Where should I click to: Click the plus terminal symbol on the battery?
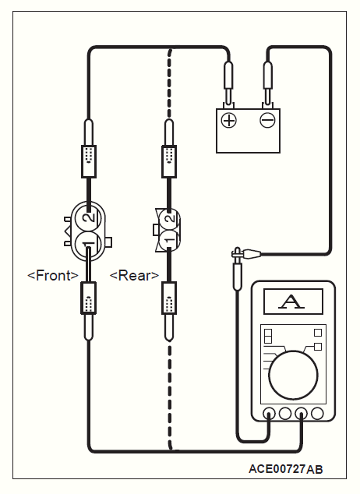pos(228,120)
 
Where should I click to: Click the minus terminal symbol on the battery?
pos(267,120)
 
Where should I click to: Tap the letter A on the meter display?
pos(291,302)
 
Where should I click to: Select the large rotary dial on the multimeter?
pos(293,375)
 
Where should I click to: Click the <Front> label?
pos(53,275)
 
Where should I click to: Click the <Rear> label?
pos(134,275)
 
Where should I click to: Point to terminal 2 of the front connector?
pos(89,217)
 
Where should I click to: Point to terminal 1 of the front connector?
pos(89,243)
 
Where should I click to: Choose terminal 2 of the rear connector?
pos(169,218)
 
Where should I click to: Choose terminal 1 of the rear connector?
pos(169,240)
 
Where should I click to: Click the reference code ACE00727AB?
pos(286,469)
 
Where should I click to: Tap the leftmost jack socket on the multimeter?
pos(269,413)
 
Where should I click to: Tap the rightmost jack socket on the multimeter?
pos(317,413)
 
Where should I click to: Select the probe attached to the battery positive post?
pos(228,83)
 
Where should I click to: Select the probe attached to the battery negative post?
pos(267,83)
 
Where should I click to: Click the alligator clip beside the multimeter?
pos(245,253)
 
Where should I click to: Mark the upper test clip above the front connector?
pos(89,148)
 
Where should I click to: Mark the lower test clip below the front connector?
pos(89,311)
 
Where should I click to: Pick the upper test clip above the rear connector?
pos(169,148)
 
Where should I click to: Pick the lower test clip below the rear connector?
pos(169,311)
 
